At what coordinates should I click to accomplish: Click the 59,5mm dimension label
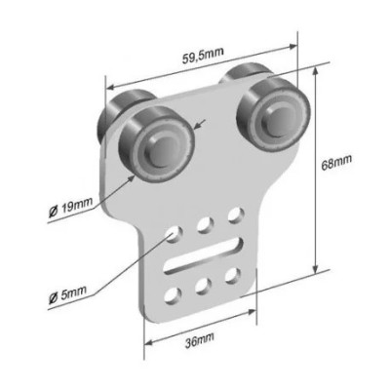203,56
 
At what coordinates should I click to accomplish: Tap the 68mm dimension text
336,162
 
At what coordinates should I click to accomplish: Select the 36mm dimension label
200,340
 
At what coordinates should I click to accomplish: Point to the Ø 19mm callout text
70,208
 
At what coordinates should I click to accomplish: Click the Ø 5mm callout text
68,292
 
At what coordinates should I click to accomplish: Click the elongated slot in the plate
205,255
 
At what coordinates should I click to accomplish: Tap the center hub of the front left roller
161,148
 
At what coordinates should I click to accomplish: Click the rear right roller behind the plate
246,74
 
